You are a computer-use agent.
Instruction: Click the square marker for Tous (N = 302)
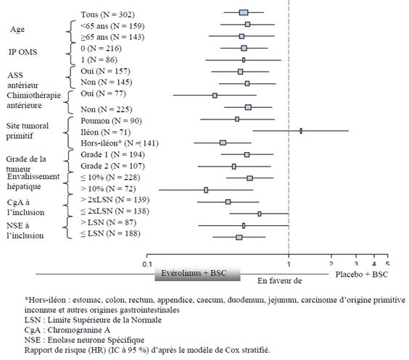click(244, 12)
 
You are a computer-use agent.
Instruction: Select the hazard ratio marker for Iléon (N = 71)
click(301, 131)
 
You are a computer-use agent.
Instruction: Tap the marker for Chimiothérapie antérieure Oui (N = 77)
click(215, 96)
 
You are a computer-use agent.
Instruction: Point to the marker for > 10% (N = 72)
click(206, 190)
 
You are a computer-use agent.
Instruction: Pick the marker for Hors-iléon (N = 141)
click(223, 143)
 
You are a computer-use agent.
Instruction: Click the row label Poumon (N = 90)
click(111, 121)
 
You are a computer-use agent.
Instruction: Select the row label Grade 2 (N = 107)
click(112, 166)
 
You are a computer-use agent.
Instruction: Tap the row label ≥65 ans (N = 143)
click(112, 37)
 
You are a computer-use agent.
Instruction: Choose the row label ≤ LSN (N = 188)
click(110, 233)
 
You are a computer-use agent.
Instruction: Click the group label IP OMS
click(23, 52)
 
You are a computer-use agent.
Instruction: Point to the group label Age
click(17, 29)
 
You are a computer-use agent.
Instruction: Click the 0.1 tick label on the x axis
click(147, 264)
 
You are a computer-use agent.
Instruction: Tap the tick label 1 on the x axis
click(289, 264)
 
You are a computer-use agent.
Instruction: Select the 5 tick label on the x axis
click(388, 264)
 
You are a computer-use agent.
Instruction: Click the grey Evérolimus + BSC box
click(197, 274)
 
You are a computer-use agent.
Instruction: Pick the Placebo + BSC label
click(362, 275)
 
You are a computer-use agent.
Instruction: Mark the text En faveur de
click(280, 281)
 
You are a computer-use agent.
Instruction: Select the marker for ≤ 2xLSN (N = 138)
click(260, 214)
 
